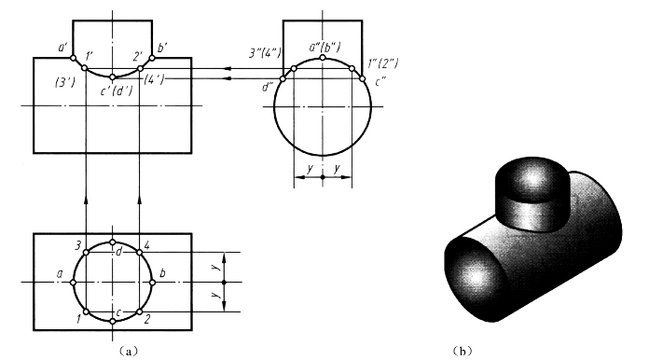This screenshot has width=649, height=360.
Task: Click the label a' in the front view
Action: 62,48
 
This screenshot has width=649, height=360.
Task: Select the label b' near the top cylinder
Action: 162,48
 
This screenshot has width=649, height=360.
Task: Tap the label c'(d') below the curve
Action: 117,90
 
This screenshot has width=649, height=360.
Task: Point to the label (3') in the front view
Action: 65,83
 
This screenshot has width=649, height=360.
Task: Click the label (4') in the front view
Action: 154,79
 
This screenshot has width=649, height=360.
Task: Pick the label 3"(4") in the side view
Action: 265,53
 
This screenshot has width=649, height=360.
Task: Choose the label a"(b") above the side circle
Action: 324,48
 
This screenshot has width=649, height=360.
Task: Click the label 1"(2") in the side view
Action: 383,63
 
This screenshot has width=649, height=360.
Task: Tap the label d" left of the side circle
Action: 267,88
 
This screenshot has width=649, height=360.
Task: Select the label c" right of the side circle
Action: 380,82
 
